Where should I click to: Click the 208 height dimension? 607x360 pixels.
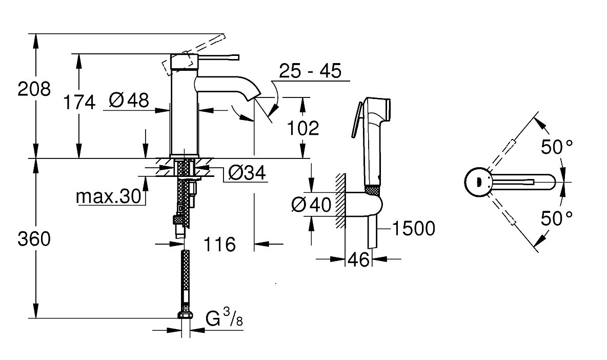click(34, 89)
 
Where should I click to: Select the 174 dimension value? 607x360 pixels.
click(79, 102)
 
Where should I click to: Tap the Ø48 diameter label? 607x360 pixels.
click(129, 101)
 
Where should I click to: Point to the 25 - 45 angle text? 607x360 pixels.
click(311, 71)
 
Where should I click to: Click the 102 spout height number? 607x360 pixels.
click(302, 128)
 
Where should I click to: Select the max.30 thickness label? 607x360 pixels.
click(109, 196)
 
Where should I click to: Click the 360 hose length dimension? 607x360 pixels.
click(34, 239)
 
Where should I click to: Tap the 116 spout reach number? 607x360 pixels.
click(219, 244)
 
